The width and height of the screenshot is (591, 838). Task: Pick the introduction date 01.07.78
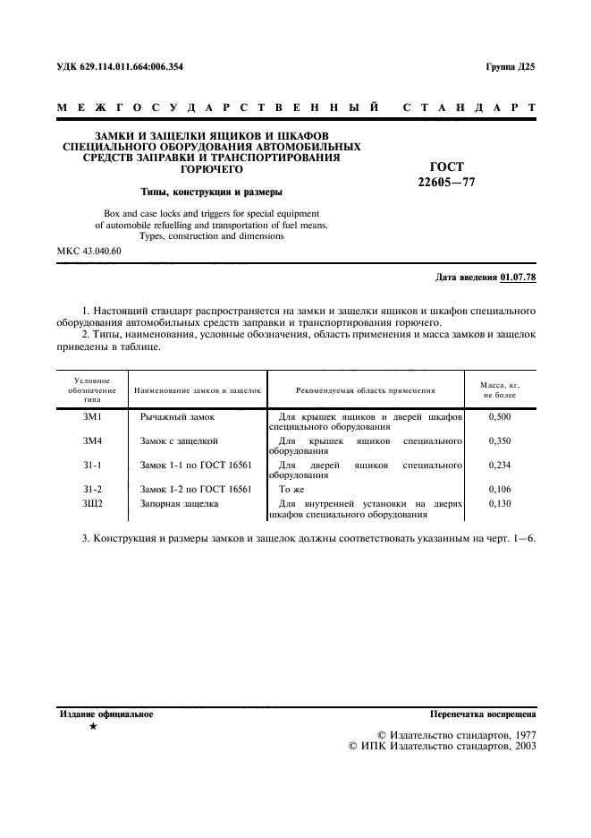[519, 278]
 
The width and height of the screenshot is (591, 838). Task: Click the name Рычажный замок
[177, 418]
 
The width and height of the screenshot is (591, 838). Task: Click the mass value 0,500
[502, 418]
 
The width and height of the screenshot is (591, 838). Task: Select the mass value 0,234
[502, 466]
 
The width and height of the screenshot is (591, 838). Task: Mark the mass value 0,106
[502, 489]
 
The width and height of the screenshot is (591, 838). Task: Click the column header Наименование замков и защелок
[197, 391]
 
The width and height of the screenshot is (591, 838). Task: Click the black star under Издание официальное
[93, 727]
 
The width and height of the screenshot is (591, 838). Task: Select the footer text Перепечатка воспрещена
[482, 715]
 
